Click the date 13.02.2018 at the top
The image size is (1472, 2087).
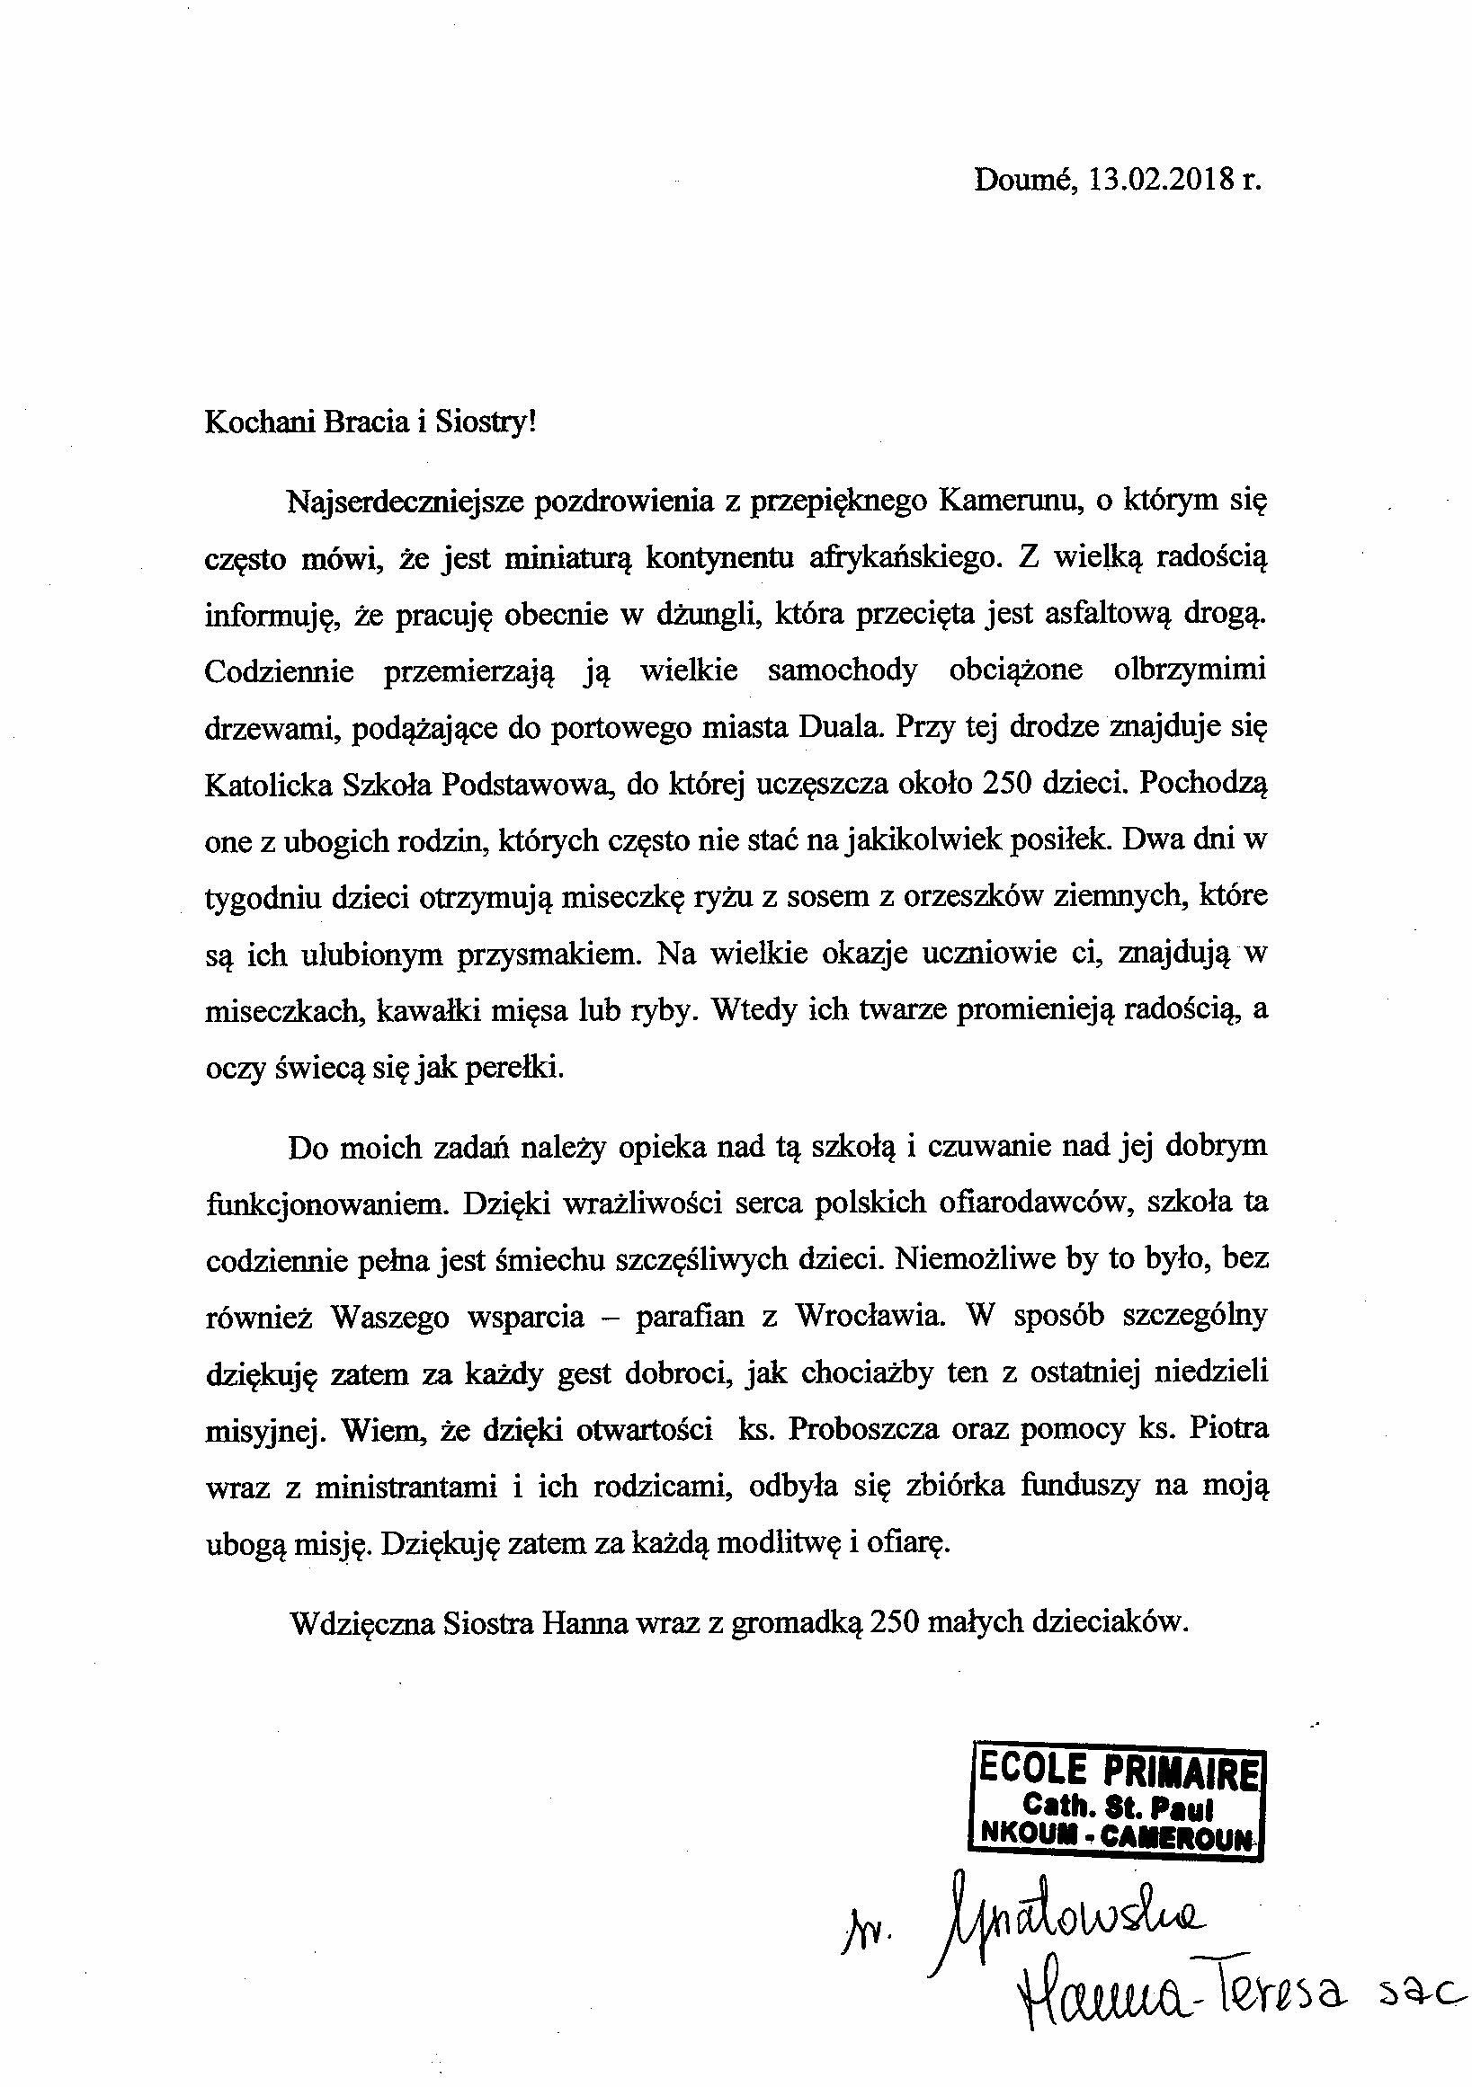[1157, 180]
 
